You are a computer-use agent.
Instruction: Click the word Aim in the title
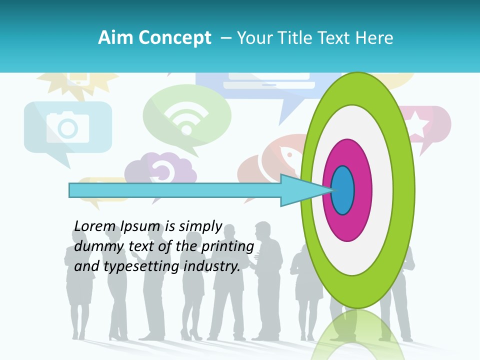115,38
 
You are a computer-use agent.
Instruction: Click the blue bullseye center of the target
343,190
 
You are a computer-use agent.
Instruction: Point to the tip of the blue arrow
332,190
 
